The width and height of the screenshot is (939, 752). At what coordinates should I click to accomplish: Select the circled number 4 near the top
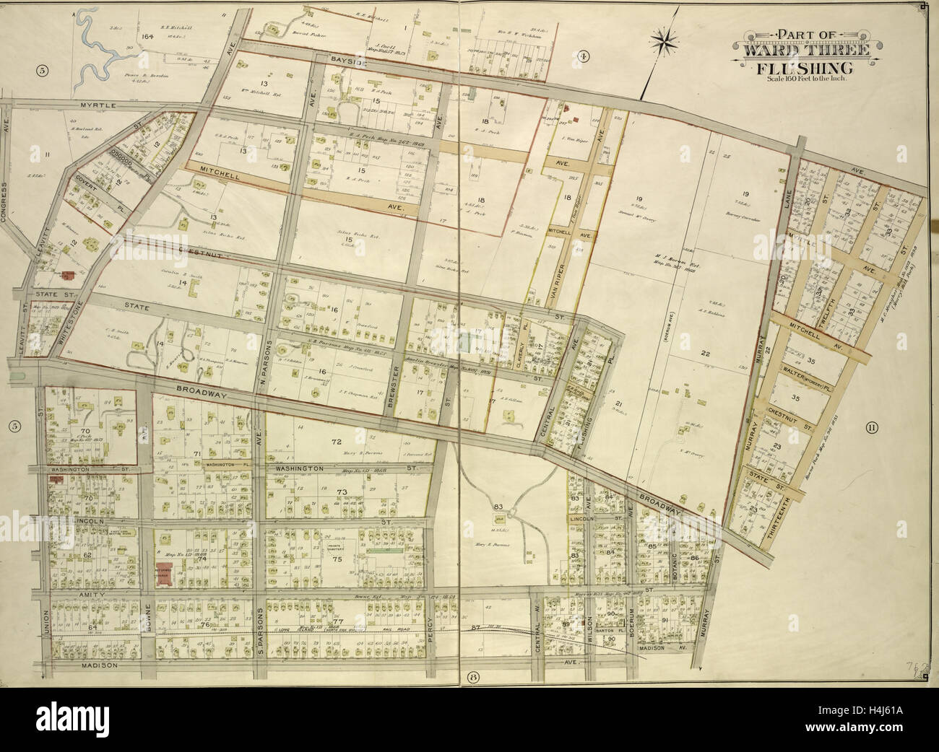(584, 56)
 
